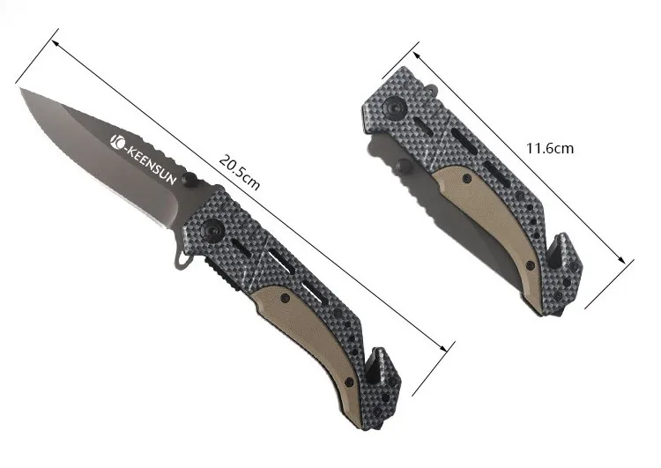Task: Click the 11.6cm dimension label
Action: click(x=550, y=148)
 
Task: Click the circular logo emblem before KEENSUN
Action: click(x=116, y=142)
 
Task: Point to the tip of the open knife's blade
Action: click(x=20, y=88)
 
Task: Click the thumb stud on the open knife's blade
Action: click(x=190, y=179)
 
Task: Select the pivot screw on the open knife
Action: click(x=212, y=231)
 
